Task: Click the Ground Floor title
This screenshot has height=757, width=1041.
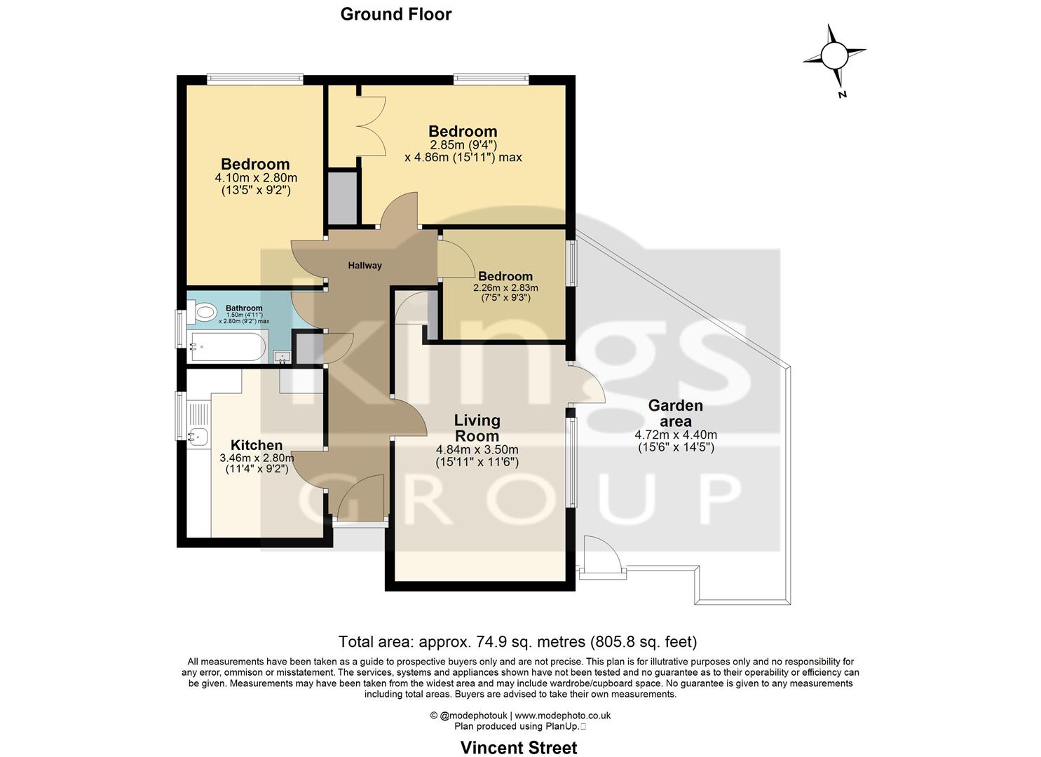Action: pyautogui.click(x=395, y=14)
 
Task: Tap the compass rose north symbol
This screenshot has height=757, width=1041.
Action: pyautogui.click(x=834, y=55)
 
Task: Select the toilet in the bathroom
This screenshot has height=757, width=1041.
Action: pyautogui.click(x=203, y=312)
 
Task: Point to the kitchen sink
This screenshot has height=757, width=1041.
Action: pyautogui.click(x=198, y=437)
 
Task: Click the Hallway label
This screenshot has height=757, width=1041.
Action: pyautogui.click(x=365, y=266)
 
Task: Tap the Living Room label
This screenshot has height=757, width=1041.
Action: pyautogui.click(x=477, y=428)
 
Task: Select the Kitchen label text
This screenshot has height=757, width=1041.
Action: pyautogui.click(x=257, y=445)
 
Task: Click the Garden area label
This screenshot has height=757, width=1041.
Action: pyautogui.click(x=675, y=413)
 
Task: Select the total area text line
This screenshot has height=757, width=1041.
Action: pyautogui.click(x=517, y=641)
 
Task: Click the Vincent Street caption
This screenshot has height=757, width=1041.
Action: pyautogui.click(x=519, y=748)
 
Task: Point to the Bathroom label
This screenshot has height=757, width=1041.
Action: pyautogui.click(x=244, y=308)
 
